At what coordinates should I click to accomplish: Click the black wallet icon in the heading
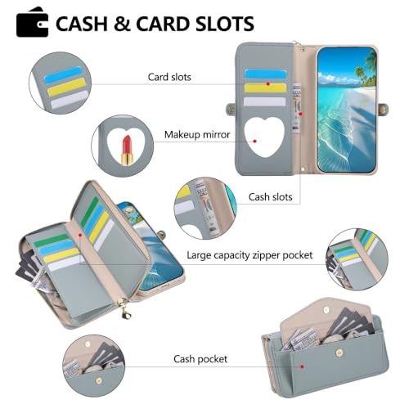(32, 22)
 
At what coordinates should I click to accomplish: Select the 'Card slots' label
(169, 77)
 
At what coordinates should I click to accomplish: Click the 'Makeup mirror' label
(197, 135)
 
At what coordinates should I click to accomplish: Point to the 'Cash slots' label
(270, 197)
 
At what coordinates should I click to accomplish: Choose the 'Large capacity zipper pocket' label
(249, 255)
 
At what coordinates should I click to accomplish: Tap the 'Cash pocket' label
(200, 359)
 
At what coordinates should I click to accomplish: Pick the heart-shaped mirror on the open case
(264, 137)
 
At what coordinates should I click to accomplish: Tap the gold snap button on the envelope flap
(326, 310)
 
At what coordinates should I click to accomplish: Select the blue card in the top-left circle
(63, 75)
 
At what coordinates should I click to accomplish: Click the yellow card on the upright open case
(265, 88)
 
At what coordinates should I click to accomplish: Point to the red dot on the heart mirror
(254, 141)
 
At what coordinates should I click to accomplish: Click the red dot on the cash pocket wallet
(302, 366)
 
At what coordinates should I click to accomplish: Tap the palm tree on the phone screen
(366, 68)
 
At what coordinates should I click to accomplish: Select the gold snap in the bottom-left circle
(99, 380)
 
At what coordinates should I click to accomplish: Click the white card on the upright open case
(264, 101)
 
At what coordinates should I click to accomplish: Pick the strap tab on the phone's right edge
(383, 109)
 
